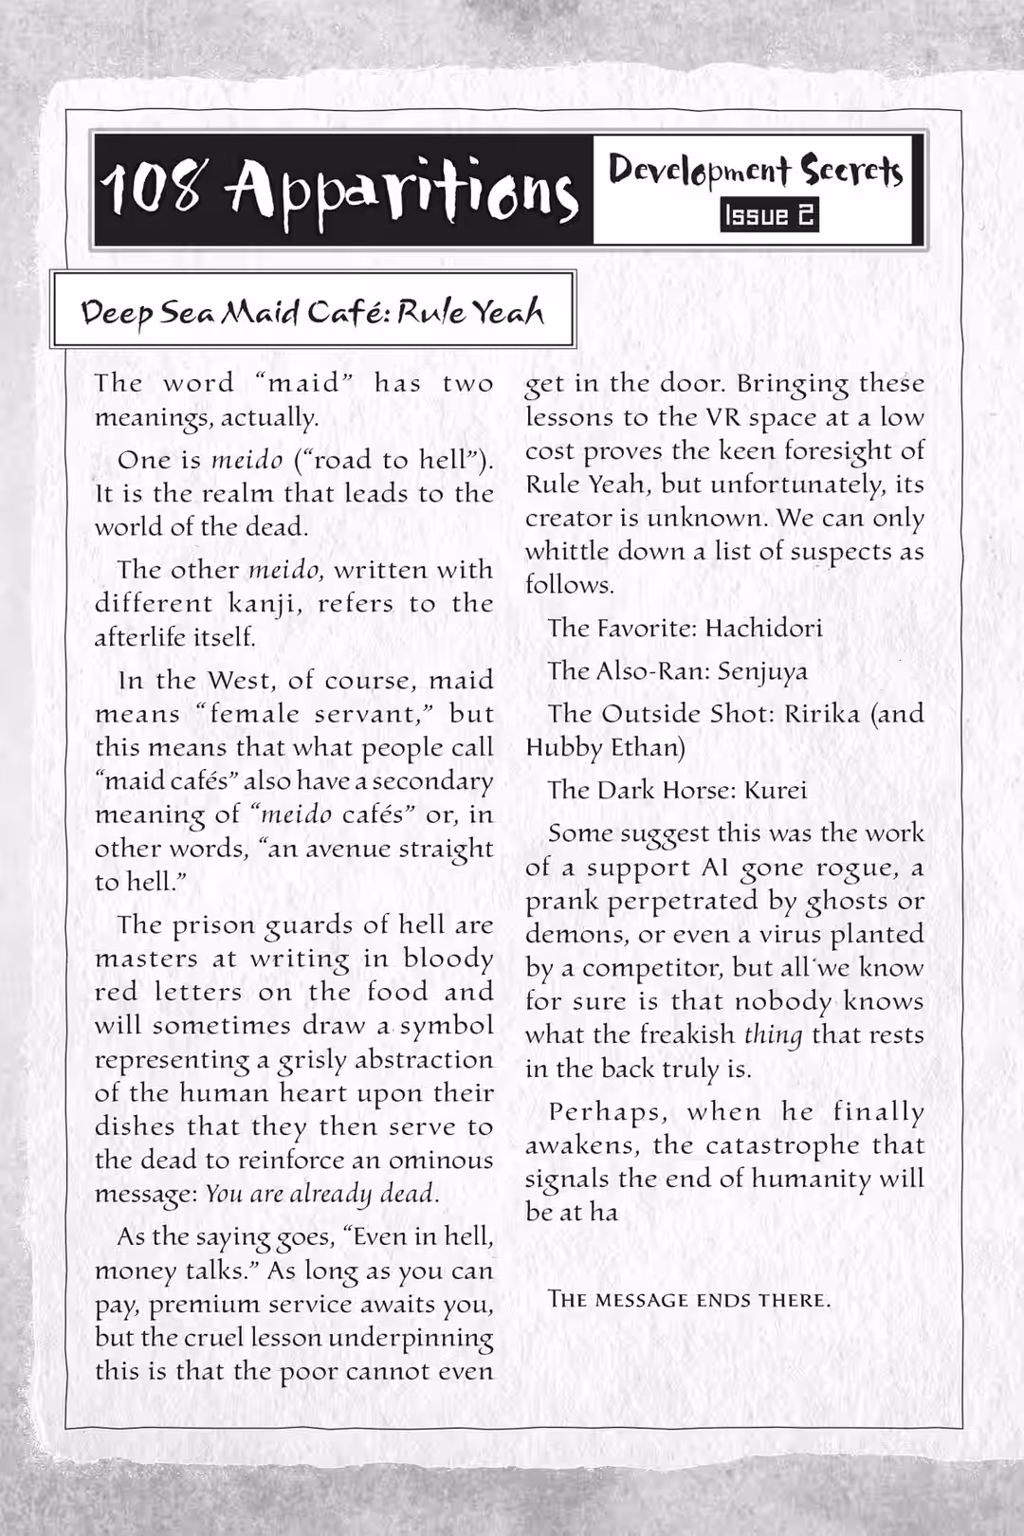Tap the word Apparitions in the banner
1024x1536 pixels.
(x=400, y=190)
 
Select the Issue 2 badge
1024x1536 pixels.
(x=769, y=215)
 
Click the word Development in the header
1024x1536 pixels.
(x=700, y=171)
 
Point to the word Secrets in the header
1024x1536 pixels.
(x=851, y=171)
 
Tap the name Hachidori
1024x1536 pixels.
(x=764, y=628)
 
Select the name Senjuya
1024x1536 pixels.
(x=762, y=671)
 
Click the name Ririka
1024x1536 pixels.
(x=822, y=713)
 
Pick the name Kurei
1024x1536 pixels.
(x=776, y=790)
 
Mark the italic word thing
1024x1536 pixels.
(x=773, y=1034)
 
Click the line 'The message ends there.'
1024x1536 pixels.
(x=689, y=1299)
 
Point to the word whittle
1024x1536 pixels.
(x=565, y=551)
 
